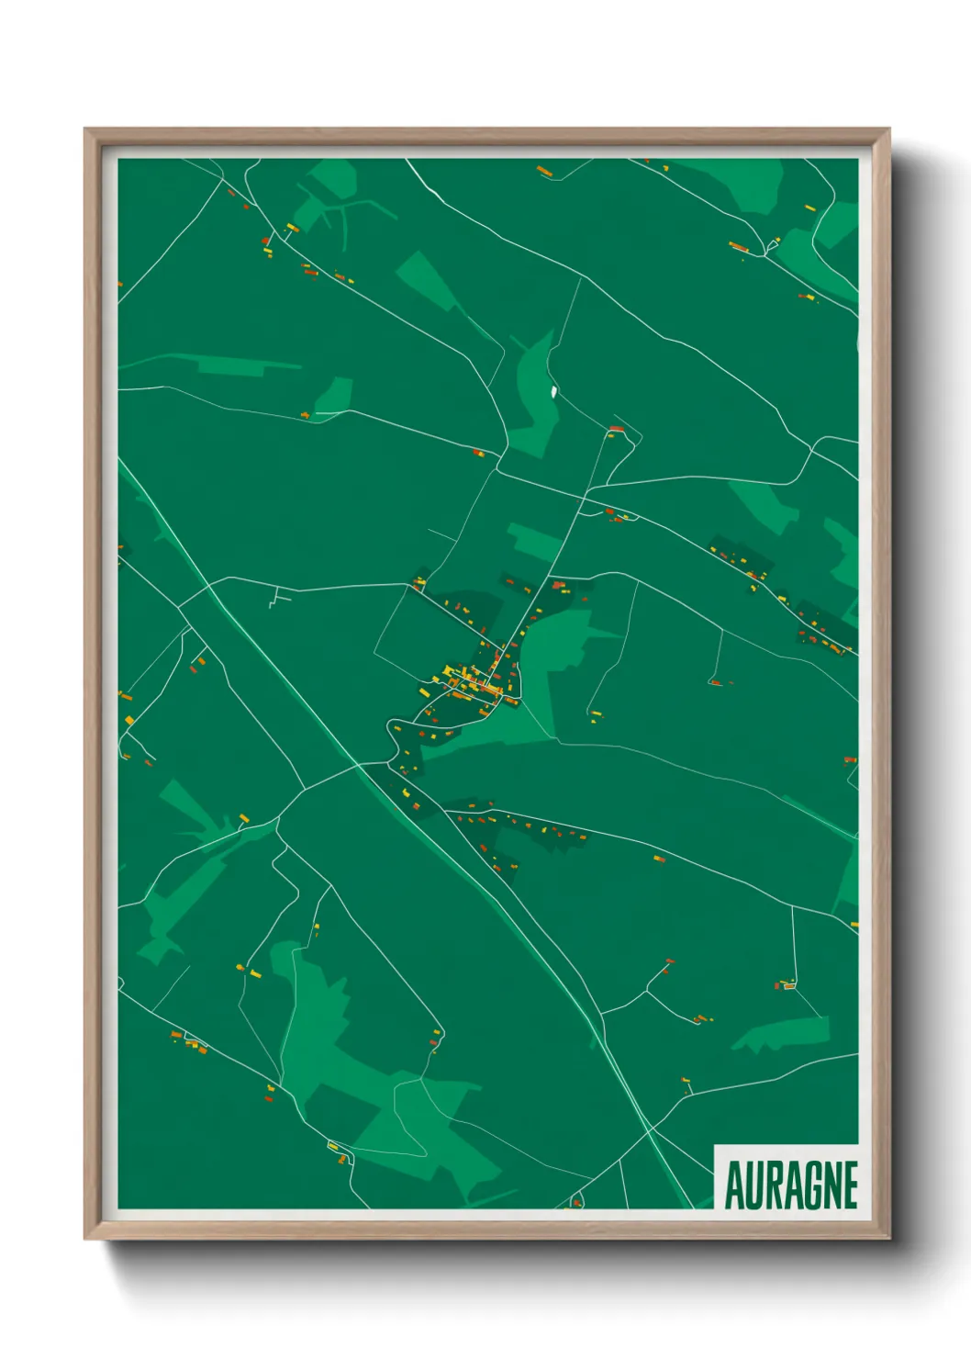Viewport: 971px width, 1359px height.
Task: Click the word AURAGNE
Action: pyautogui.click(x=791, y=1185)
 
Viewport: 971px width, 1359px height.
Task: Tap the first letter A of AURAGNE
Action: pyautogui.click(x=735, y=1185)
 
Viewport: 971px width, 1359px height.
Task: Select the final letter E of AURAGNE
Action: pyautogui.click(x=850, y=1185)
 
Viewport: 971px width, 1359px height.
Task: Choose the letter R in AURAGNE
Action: pyautogui.click(x=774, y=1185)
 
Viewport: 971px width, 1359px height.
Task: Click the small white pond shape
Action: pyautogui.click(x=553, y=392)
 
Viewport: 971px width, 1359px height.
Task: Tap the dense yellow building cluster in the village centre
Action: pyautogui.click(x=468, y=679)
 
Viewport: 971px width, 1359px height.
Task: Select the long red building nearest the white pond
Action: pyautogui.click(x=617, y=428)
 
